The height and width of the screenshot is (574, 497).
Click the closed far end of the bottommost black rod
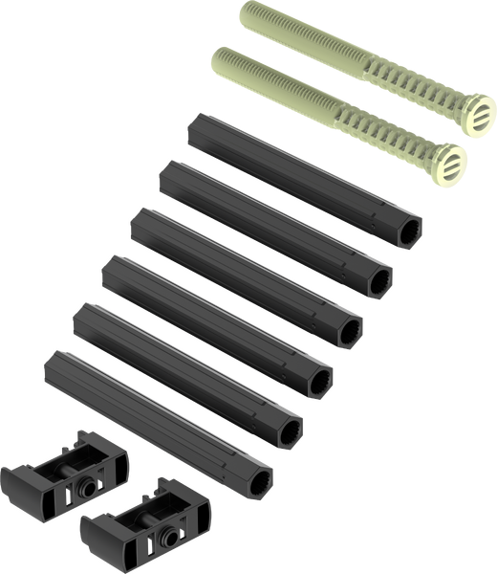coord(52,363)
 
